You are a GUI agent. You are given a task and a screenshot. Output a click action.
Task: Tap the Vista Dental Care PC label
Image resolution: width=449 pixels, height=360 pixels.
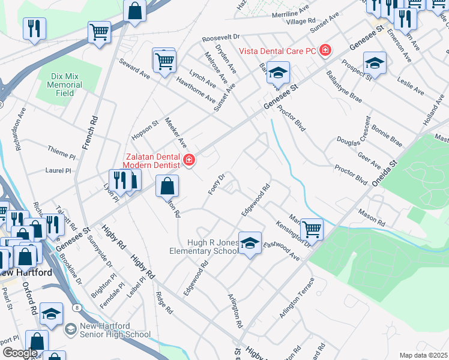277,51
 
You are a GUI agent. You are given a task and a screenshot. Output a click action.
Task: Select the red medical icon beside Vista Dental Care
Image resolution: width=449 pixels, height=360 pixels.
325,50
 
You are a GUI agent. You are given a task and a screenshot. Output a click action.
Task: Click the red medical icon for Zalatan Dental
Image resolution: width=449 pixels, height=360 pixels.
188,160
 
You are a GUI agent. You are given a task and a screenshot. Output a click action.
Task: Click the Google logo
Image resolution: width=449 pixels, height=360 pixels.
20,352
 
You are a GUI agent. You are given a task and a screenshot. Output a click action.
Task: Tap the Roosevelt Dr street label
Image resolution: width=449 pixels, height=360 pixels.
221,37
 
